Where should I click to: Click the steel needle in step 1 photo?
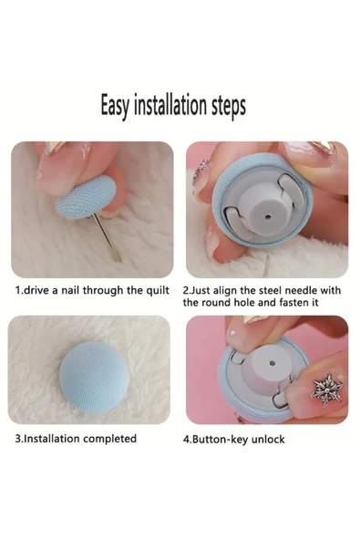click(107, 238)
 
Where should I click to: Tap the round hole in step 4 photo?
click(273, 363)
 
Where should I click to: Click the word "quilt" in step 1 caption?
click(158, 291)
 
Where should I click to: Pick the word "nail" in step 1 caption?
click(70, 290)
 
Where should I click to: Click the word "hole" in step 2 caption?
click(244, 302)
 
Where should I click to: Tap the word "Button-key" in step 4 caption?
click(220, 440)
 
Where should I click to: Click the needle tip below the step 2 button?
click(265, 275)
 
